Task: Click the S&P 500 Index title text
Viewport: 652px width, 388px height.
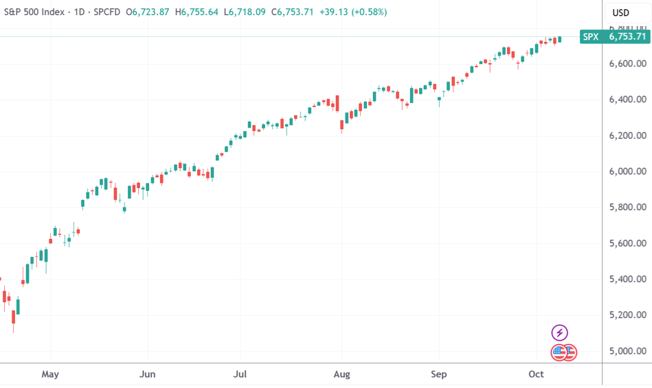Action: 32,12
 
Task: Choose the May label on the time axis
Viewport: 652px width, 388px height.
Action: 50,374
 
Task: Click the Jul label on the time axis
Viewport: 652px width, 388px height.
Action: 240,374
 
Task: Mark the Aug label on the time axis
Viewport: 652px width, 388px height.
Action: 341,374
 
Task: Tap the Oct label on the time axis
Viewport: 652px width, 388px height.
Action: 536,374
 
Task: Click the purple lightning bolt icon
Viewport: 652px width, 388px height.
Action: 560,333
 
